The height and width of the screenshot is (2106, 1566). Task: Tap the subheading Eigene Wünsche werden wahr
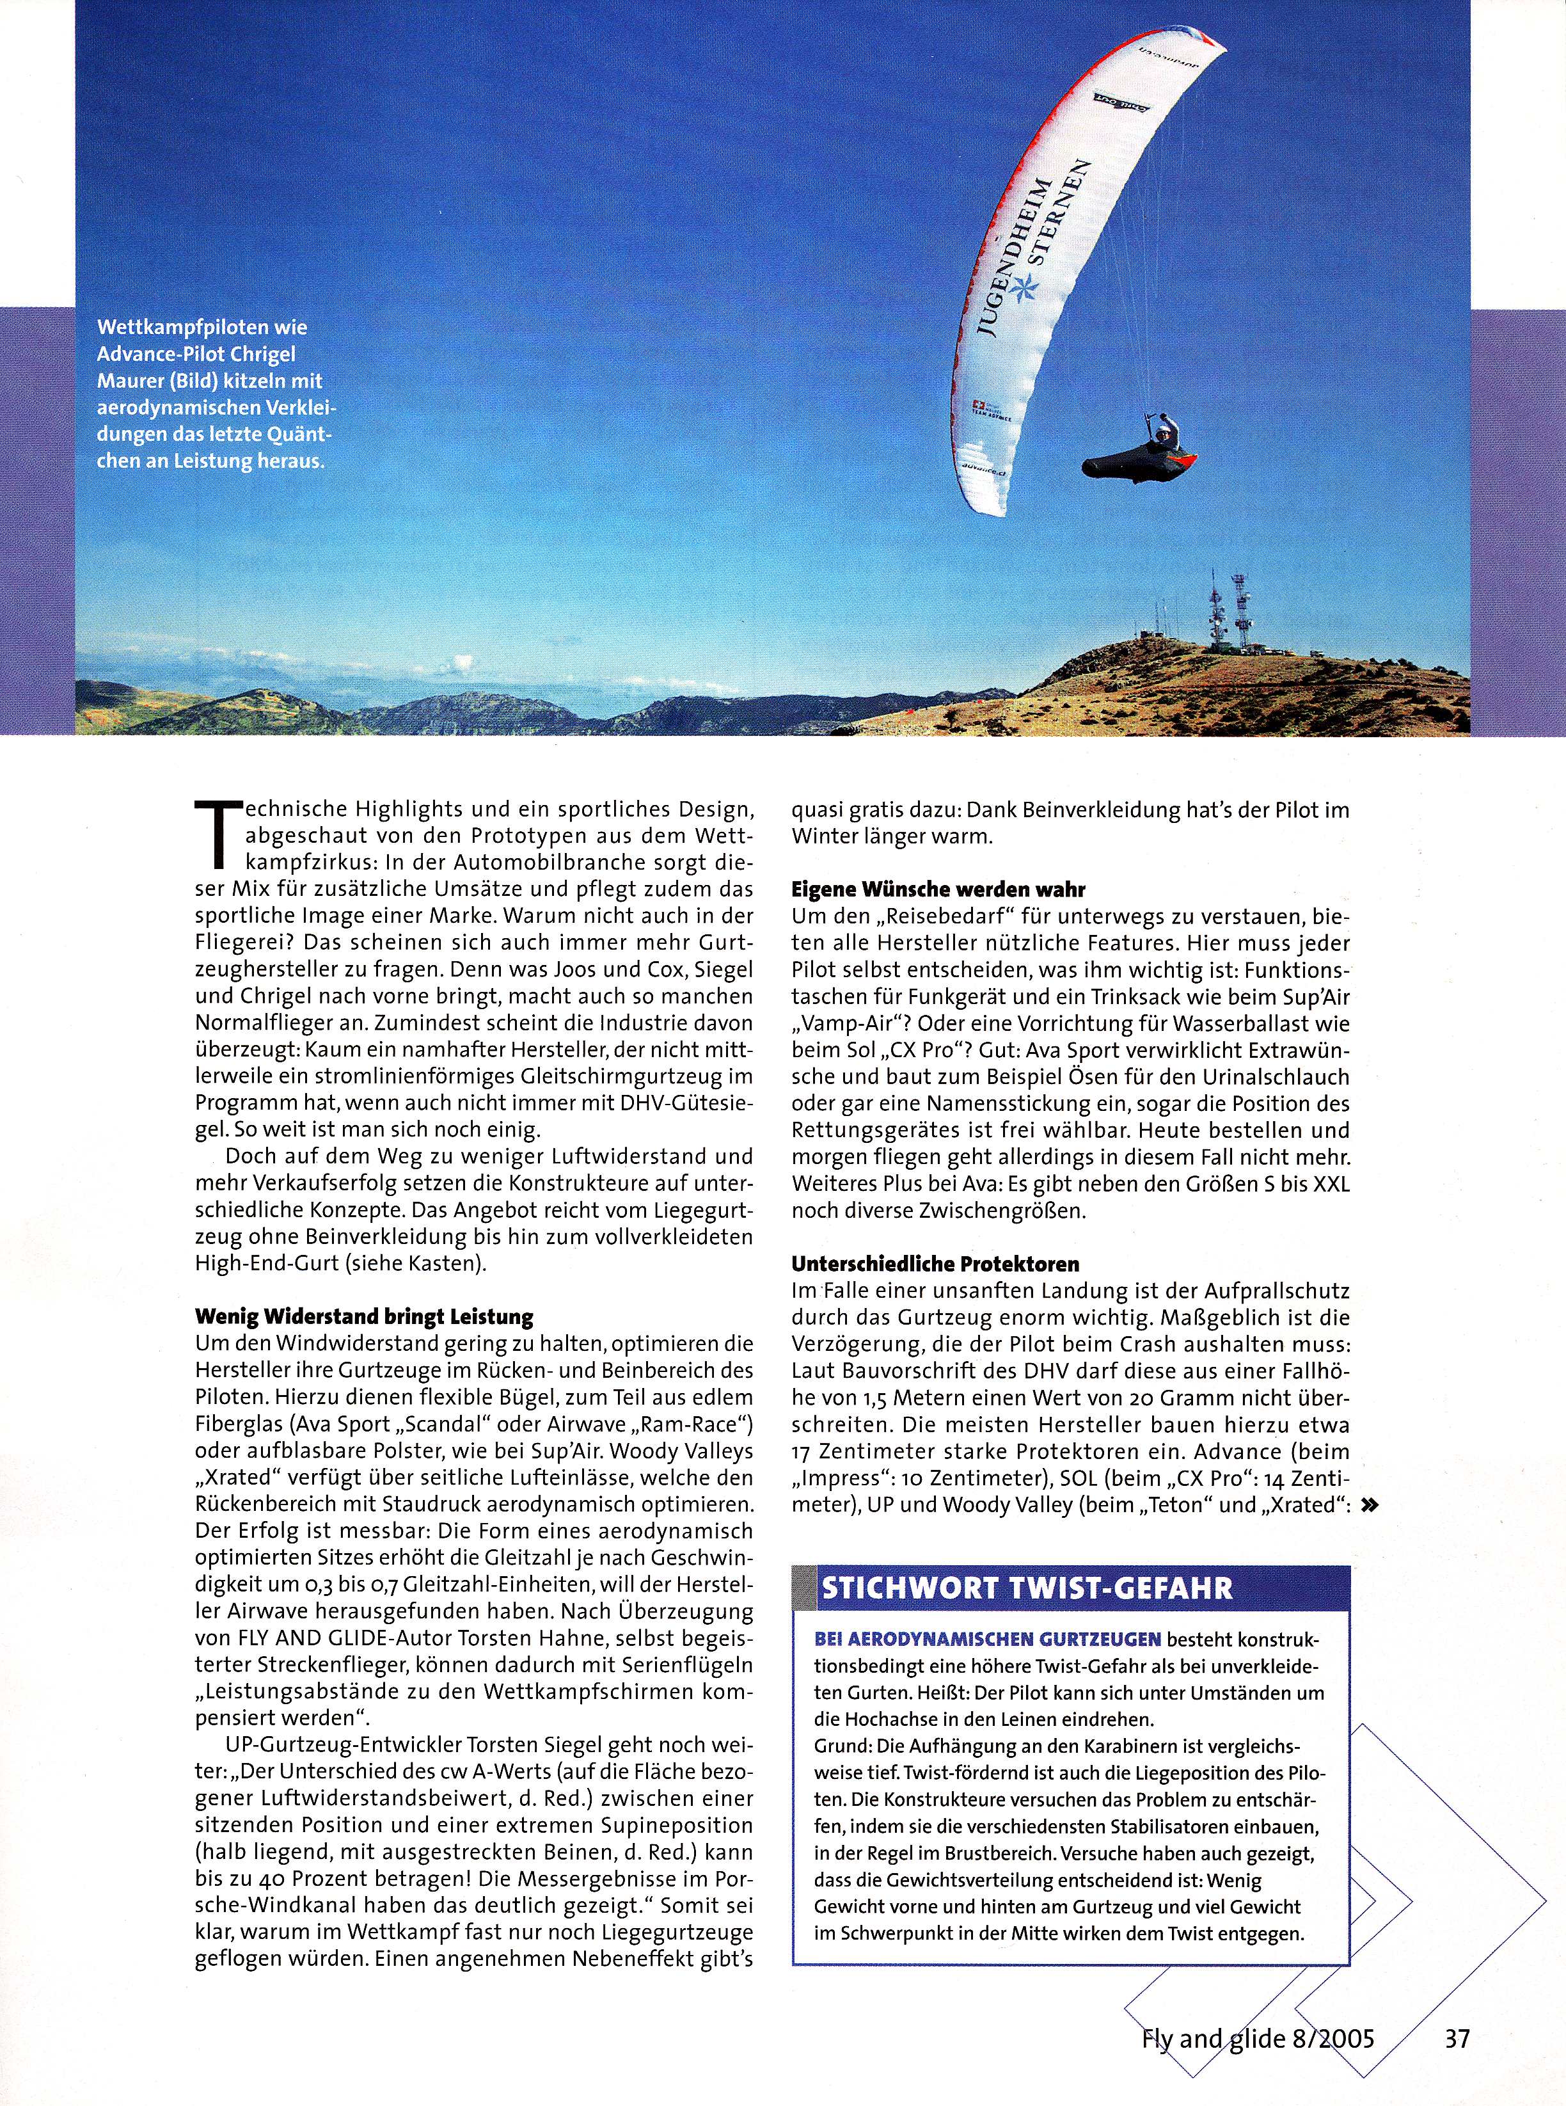[x=938, y=889]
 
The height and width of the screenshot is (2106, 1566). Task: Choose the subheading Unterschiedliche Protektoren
[x=935, y=1264]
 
